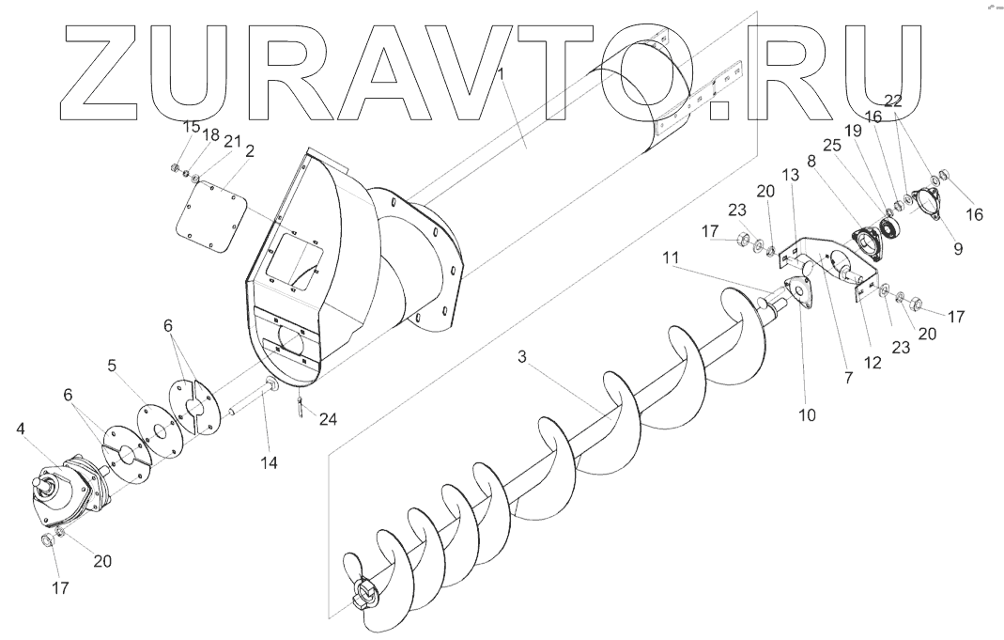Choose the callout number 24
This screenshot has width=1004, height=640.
(328, 420)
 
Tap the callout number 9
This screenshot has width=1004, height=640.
(958, 249)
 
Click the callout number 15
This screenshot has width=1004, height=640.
(191, 127)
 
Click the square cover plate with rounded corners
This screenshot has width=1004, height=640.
(212, 218)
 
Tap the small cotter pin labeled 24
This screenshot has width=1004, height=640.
(299, 408)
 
